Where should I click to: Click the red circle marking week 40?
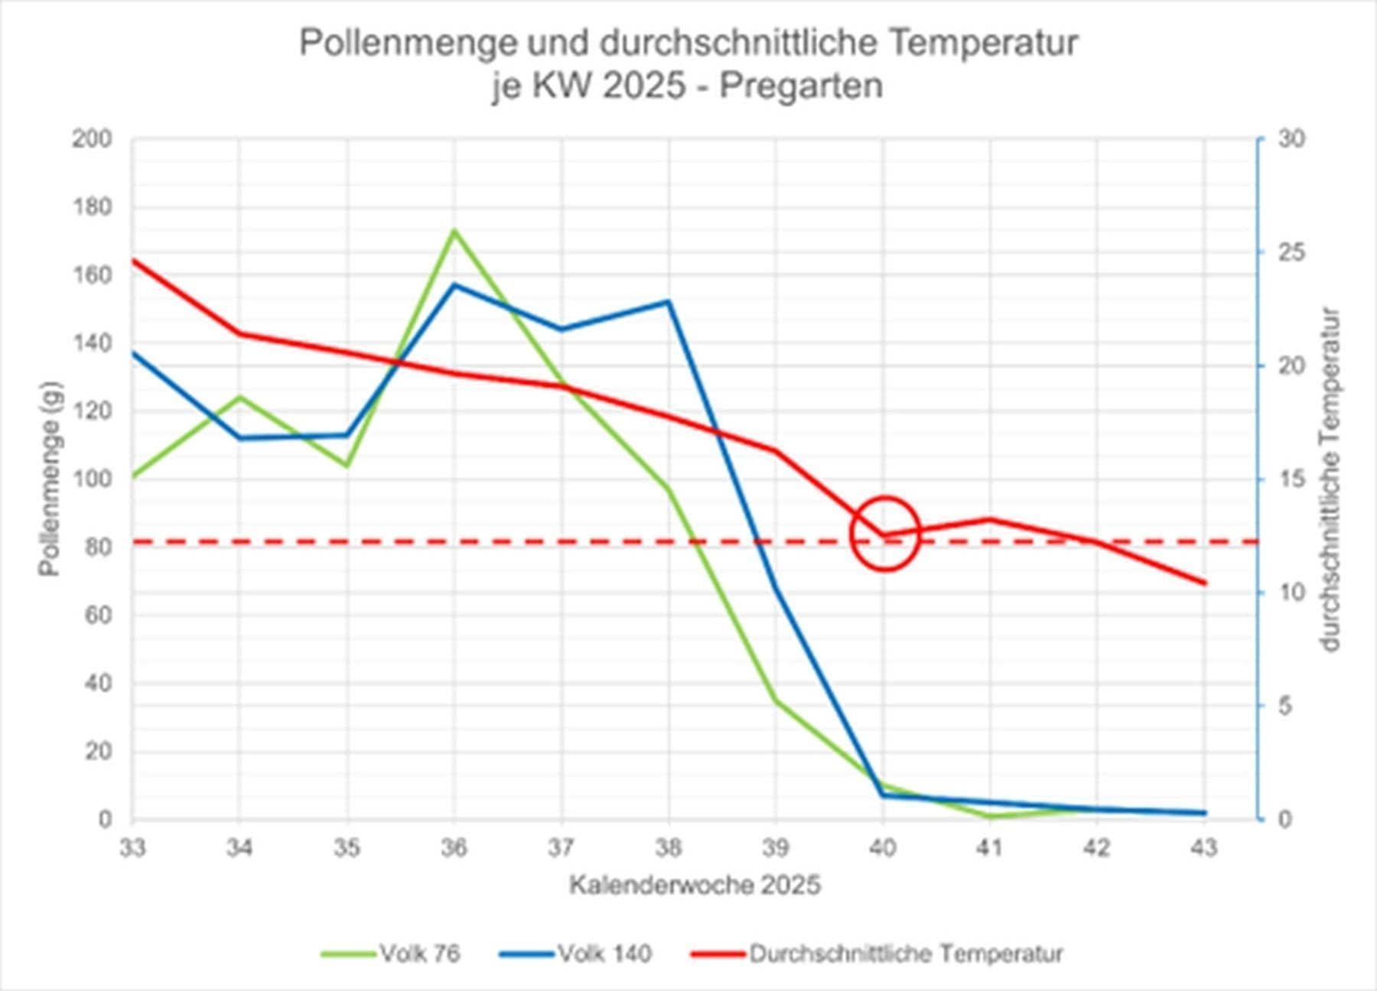pyautogui.click(x=884, y=534)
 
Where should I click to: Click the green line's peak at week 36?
pyautogui.click(x=454, y=230)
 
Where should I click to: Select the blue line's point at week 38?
pyautogui.click(x=669, y=301)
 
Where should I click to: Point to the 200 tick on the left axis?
pyautogui.click(x=92, y=139)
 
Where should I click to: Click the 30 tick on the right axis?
pyautogui.click(x=1291, y=139)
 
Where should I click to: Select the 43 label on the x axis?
pyautogui.click(x=1204, y=849)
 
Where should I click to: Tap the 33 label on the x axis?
pyautogui.click(x=132, y=849)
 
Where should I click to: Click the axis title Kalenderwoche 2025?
pyautogui.click(x=694, y=885)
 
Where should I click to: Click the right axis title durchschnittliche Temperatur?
pyautogui.click(x=1330, y=479)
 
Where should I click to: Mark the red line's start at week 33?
pyautogui.click(x=133, y=261)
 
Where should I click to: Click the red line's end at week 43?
pyautogui.click(x=1205, y=583)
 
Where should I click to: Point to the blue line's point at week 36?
pyautogui.click(x=454, y=284)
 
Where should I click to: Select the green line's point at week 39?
pyautogui.click(x=776, y=700)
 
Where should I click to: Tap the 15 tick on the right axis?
pyautogui.click(x=1291, y=479)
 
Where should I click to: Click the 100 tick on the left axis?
pyautogui.click(x=92, y=479)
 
